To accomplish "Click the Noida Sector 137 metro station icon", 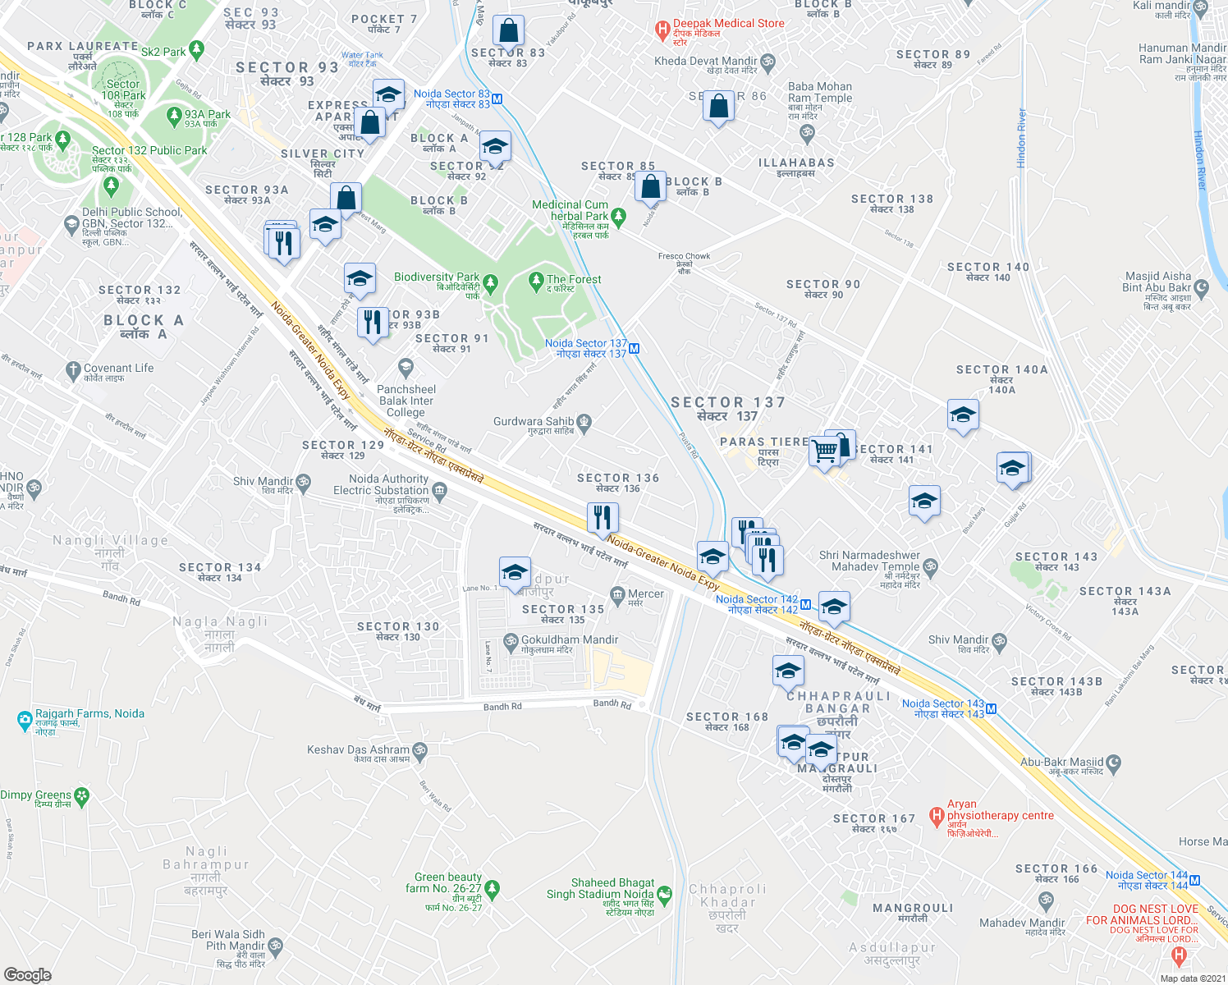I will click(634, 349).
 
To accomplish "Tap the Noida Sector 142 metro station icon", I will click(805, 605).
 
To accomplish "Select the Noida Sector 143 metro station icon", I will click(992, 709).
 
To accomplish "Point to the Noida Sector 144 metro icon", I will click(1194, 881).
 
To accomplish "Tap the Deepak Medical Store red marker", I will click(662, 31).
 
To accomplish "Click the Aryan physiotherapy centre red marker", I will click(936, 816).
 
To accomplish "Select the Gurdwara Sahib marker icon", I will click(584, 423).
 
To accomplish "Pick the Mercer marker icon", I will click(617, 594).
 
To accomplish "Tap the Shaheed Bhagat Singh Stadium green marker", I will click(664, 893).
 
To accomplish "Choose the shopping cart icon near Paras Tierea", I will click(824, 451).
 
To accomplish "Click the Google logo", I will click(27, 975).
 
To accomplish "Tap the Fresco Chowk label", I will click(684, 256).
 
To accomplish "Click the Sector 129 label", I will click(343, 445).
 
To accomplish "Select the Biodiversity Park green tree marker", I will click(490, 284).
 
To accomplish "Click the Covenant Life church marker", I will click(72, 371).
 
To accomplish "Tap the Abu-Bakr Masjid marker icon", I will click(1114, 763).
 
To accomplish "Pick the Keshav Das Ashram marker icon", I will click(419, 750).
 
